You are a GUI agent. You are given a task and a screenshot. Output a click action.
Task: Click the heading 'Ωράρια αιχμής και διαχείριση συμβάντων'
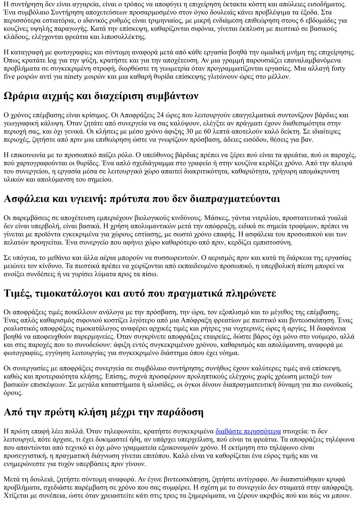pyautogui.click(x=101, y=96)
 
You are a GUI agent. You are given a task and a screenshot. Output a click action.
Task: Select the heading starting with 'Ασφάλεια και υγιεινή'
pyautogui.click(x=142, y=199)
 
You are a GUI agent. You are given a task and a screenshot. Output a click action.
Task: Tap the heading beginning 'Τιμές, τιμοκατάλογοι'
pyautogui.click(x=140, y=293)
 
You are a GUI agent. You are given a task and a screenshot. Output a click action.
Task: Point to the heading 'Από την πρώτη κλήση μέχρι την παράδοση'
pyautogui.click(x=103, y=412)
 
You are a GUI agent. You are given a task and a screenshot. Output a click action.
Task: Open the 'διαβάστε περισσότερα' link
pyautogui.click(x=248, y=431)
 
